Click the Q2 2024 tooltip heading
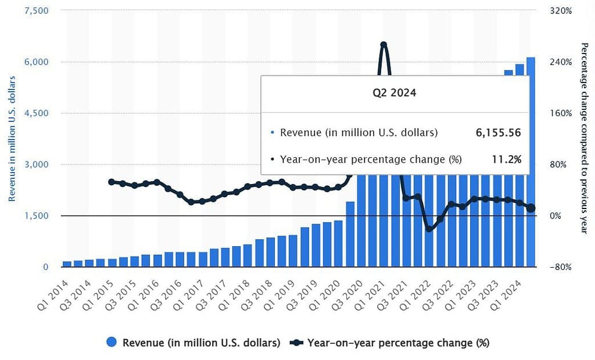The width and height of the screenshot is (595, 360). point(395,93)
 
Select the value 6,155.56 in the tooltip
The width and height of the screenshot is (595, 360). point(497,132)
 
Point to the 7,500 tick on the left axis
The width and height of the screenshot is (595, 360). point(37,11)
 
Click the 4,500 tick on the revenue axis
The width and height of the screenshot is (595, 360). point(37,113)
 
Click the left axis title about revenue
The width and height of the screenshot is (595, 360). point(12,139)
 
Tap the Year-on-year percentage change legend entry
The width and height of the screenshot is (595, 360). point(390,343)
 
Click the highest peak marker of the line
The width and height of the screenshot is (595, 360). point(383,45)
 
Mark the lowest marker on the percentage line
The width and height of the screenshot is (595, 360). point(429,229)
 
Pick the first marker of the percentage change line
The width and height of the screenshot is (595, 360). point(112,182)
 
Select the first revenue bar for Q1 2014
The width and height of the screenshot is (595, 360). point(66,264)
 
